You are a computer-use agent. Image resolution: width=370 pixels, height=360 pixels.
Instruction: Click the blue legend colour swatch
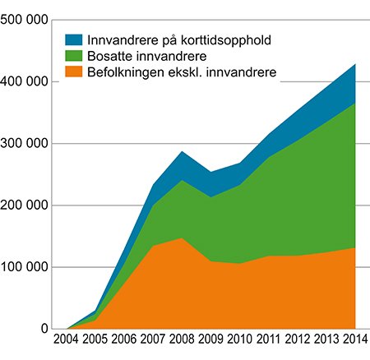point(73,39)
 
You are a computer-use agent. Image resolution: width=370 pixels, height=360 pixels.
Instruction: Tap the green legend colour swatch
point(73,56)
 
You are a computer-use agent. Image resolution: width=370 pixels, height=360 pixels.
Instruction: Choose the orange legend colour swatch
point(73,73)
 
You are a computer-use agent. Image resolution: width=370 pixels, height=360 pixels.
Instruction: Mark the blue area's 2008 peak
point(182,153)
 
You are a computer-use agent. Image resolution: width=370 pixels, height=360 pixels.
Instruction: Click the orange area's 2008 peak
point(182,240)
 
